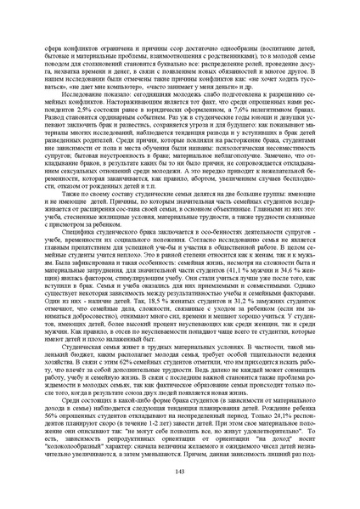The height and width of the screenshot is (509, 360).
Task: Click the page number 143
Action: (x=180, y=495)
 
